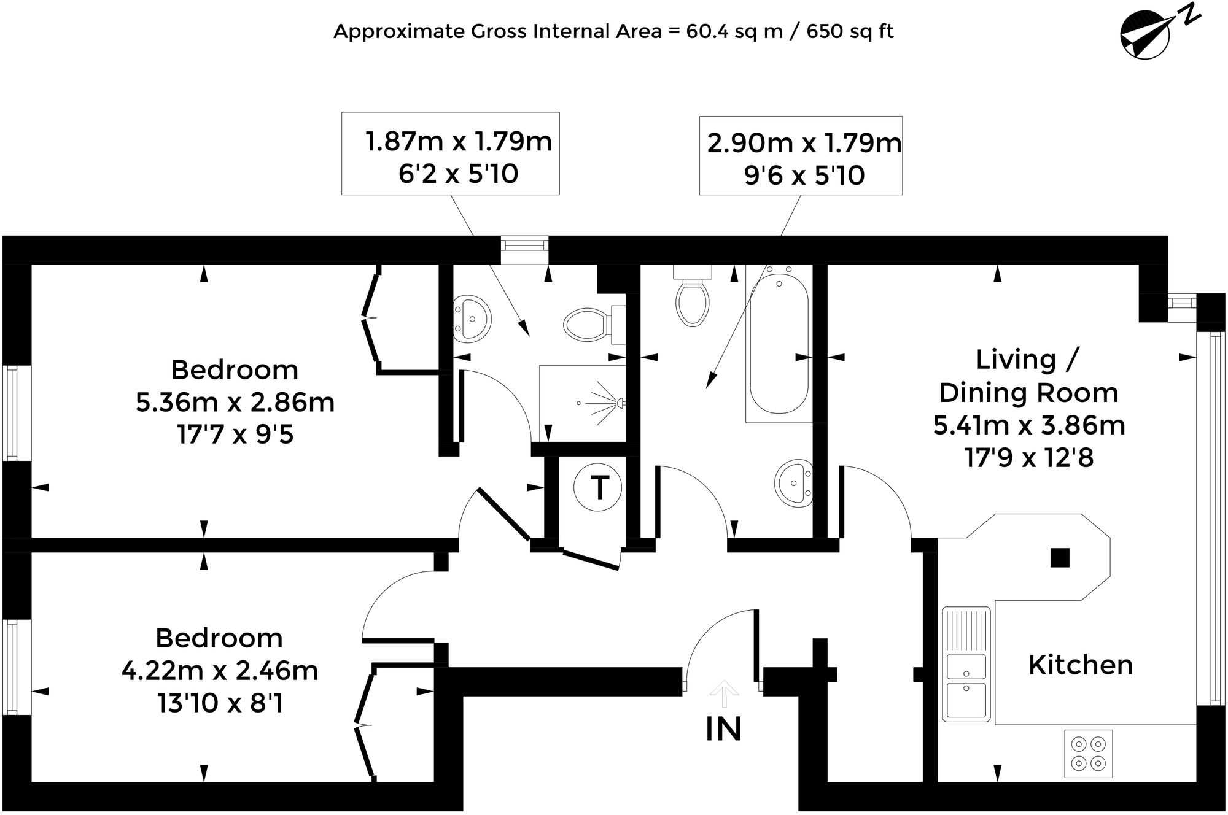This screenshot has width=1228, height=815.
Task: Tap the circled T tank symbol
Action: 597,488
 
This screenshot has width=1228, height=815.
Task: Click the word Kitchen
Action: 1080,665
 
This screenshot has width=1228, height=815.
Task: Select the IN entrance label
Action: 723,729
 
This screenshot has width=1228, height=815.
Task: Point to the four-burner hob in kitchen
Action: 1088,754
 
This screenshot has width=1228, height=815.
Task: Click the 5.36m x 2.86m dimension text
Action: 235,403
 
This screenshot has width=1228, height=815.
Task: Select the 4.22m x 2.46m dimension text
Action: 220,671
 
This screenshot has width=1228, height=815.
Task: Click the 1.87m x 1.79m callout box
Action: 450,153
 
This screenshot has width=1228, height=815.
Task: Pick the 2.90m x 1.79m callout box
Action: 801,156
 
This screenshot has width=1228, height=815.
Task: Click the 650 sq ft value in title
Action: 850,31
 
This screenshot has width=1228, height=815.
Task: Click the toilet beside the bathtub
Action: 692,300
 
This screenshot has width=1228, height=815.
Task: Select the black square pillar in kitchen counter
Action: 1060,557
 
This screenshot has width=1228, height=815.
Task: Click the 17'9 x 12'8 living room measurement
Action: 1029,458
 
